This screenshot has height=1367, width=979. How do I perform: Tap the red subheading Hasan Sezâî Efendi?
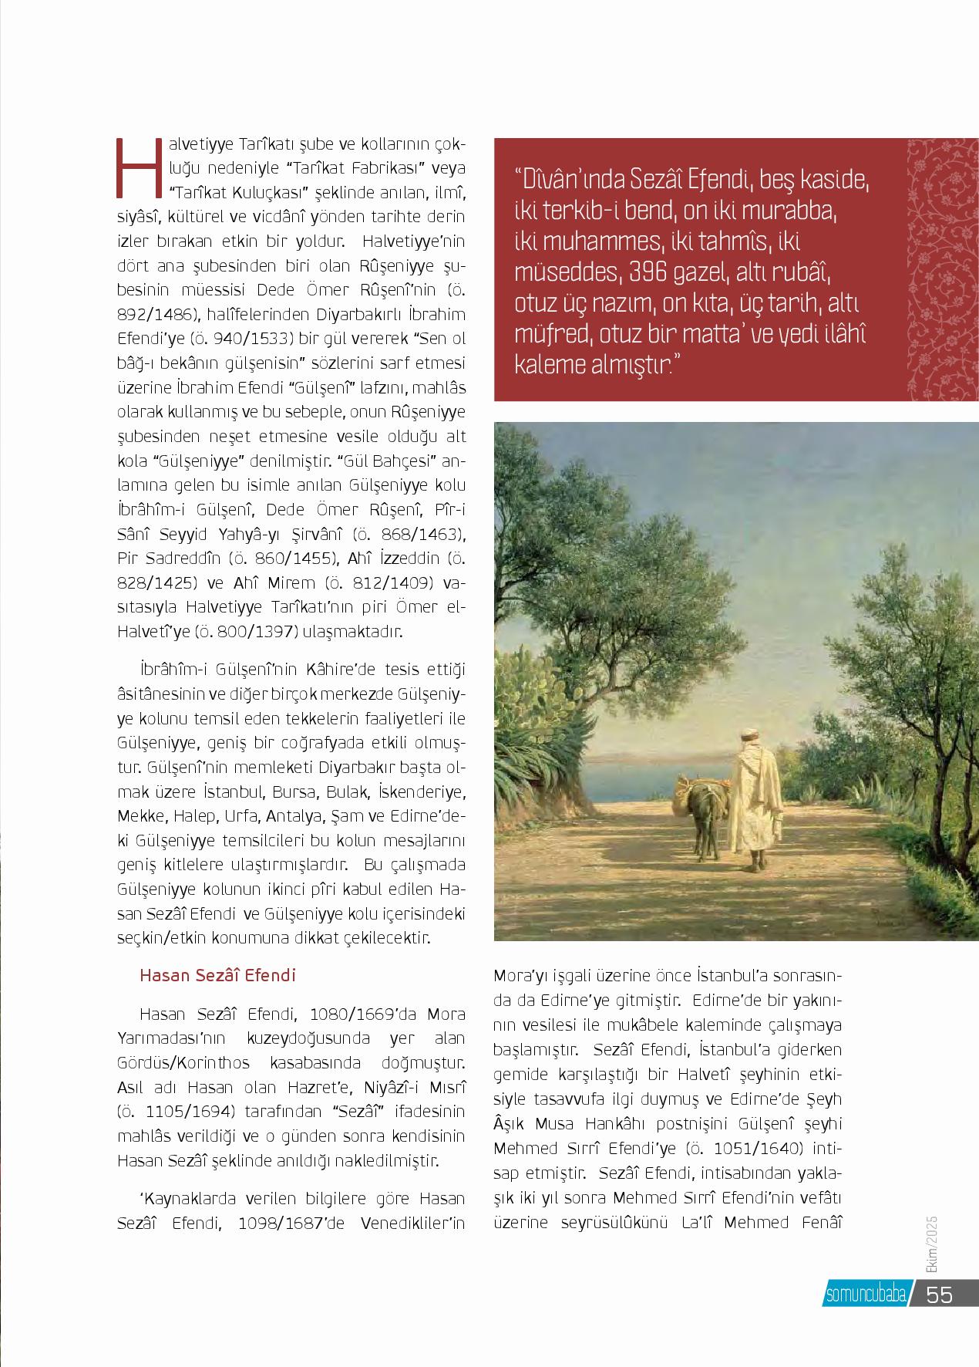217,975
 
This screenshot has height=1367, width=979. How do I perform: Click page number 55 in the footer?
940,1294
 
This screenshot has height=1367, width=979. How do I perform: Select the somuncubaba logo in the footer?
866,1294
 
